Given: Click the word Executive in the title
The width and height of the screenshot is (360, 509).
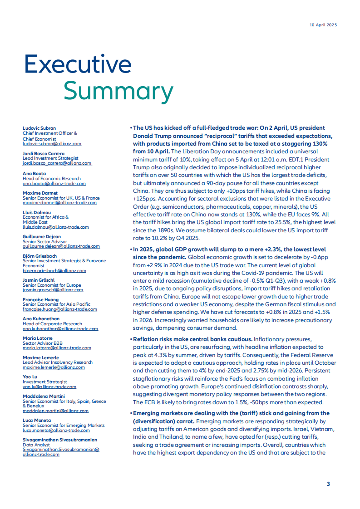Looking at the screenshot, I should point(78,64).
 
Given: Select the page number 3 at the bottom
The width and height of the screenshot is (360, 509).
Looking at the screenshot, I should point(328,484).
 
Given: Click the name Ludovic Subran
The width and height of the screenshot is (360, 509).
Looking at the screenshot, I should point(39,128).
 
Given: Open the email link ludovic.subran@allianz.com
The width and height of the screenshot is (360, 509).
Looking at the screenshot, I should point(52,143).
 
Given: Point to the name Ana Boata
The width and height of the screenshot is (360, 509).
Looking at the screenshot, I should point(34,174).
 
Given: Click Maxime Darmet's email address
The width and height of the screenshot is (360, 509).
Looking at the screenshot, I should point(59,203).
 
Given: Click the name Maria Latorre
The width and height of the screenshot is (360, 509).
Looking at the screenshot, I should point(37,338).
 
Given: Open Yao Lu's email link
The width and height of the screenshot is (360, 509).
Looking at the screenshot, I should point(49,387).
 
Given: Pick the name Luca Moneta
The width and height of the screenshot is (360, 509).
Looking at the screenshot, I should point(37,421).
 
